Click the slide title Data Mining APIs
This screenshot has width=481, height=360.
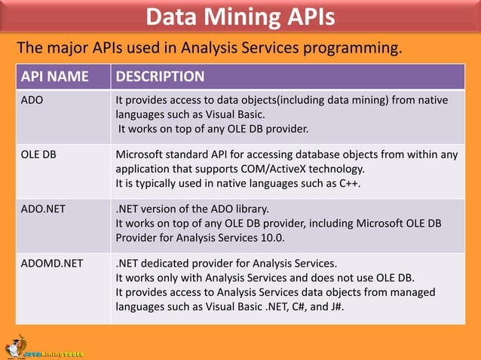click(240, 17)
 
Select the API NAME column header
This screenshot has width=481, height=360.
click(54, 77)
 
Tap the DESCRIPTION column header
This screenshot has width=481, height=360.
click(160, 77)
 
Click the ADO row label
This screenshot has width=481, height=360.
click(32, 99)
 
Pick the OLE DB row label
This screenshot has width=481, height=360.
click(38, 155)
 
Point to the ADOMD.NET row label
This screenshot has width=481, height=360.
click(52, 264)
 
